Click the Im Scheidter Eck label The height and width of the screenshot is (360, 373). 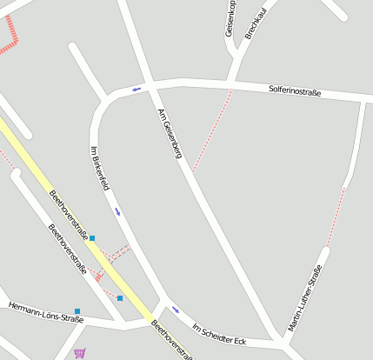click(219, 333)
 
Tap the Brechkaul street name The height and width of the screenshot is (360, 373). click(254, 19)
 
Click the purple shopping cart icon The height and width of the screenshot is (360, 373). click(80, 353)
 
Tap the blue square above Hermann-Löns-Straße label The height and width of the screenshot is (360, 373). click(77, 310)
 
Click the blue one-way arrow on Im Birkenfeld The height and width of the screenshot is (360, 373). click(117, 211)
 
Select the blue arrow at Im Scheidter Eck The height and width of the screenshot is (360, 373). click(176, 309)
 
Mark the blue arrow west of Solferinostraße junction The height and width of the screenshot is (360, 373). click(136, 88)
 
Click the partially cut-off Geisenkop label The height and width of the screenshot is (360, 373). click(230, 17)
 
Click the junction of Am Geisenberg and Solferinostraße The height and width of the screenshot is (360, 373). click(149, 86)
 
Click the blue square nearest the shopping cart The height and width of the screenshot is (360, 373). click(120, 298)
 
